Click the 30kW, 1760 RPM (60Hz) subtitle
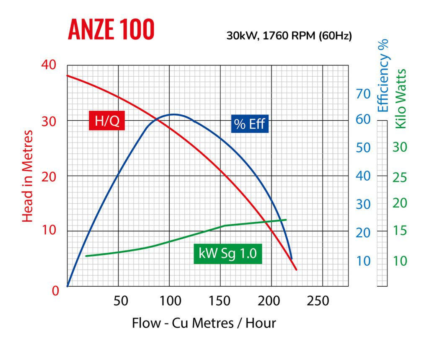[x=289, y=36]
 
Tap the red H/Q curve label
[x=107, y=122]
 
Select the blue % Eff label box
[x=250, y=124]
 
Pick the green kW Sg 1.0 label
[x=227, y=254]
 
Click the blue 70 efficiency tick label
[x=363, y=94]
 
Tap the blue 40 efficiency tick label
[x=363, y=176]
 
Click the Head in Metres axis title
[x=27, y=176]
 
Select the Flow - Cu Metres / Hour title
[x=204, y=323]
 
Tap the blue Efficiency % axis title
[x=383, y=75]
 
